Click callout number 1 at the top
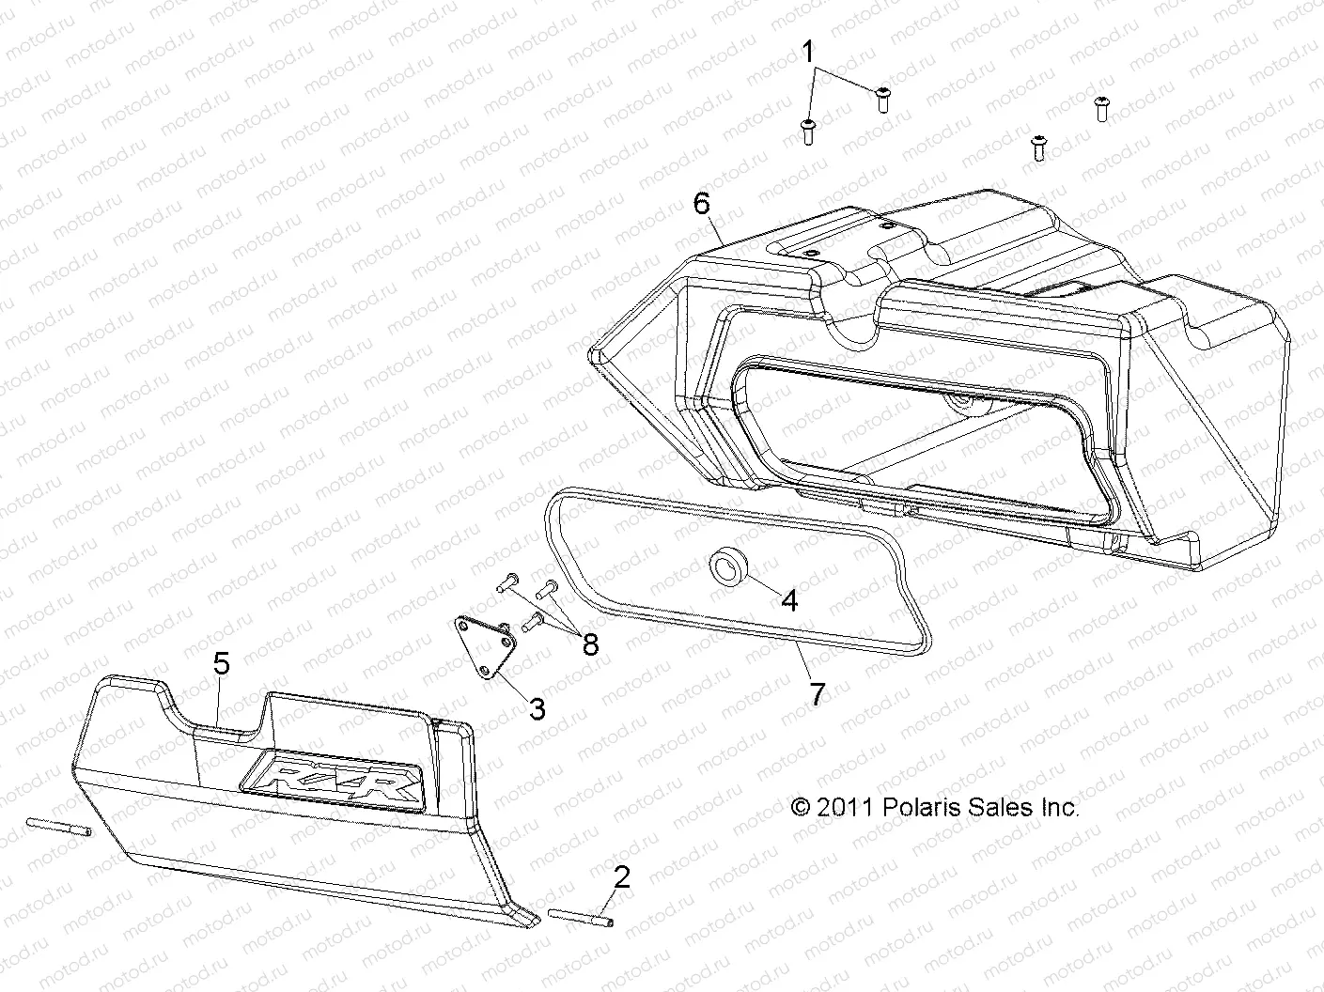808,52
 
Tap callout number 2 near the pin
621,877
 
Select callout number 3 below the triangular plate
537,709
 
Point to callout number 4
789,600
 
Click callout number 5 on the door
221,664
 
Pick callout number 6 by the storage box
702,203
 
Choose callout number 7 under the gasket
817,694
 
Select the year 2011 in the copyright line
846,807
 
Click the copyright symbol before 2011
801,807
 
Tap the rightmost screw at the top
1101,108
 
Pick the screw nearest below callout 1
806,132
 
